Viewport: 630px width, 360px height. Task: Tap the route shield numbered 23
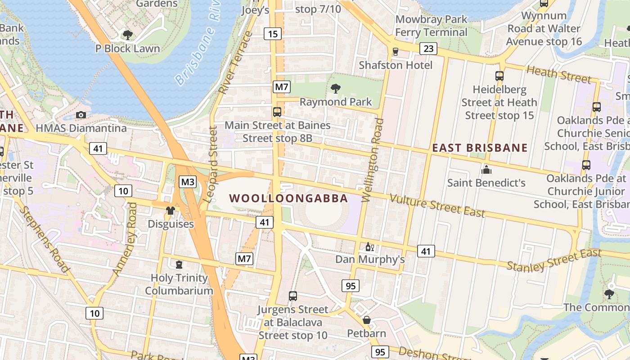pos(428,49)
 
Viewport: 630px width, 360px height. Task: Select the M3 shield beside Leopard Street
pos(188,182)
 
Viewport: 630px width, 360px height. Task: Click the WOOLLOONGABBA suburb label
pos(288,198)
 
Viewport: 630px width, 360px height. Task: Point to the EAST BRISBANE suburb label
pos(480,148)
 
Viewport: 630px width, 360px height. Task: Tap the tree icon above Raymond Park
pos(335,88)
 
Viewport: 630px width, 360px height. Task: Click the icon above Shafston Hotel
pos(396,52)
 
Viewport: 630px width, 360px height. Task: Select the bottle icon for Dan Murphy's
pos(370,247)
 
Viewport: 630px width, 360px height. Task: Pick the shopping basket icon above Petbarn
pos(367,320)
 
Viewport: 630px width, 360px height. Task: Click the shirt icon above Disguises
pos(171,210)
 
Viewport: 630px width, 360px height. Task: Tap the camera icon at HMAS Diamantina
pos(81,115)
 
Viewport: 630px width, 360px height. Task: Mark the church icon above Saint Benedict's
pos(486,170)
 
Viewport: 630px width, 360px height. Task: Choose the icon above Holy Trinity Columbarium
pos(179,264)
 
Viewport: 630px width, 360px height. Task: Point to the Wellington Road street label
pos(372,160)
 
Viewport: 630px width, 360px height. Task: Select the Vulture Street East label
pos(437,206)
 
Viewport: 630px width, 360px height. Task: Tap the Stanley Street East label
pos(554,260)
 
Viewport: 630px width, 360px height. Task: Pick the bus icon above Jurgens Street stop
pos(293,296)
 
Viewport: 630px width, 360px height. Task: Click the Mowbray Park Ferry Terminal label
pos(432,26)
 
